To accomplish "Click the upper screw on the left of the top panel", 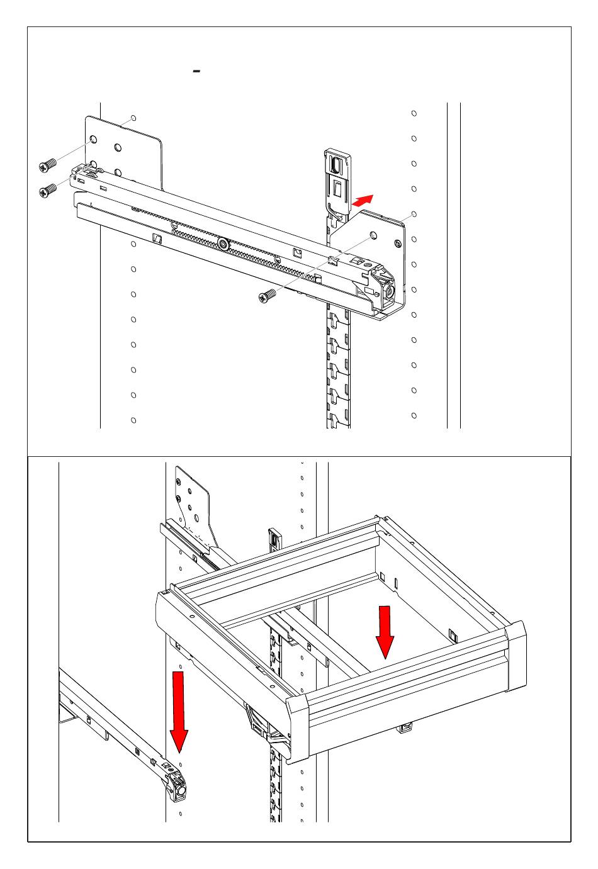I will point(47,165).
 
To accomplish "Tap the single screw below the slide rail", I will point(267,295).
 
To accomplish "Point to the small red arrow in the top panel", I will point(363,200).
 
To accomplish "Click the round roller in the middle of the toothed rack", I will point(223,244).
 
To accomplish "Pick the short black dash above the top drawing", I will point(196,72).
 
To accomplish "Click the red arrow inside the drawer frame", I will point(385,631).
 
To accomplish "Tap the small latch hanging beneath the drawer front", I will point(405,728).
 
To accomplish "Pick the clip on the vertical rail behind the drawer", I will point(274,537).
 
